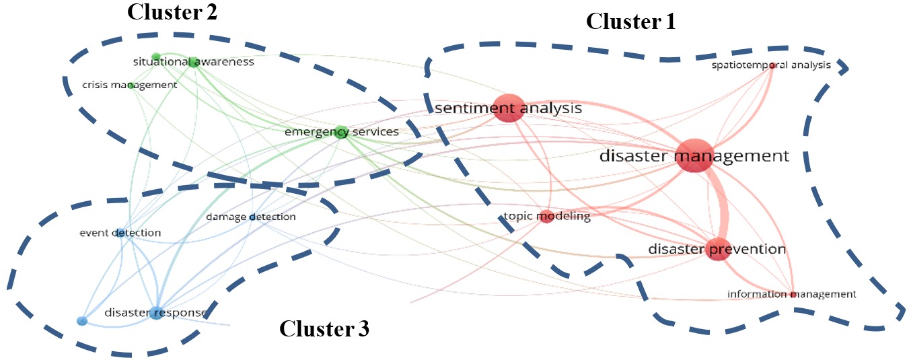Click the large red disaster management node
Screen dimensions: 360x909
click(694, 156)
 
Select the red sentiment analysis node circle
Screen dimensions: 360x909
click(508, 108)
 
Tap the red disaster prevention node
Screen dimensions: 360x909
click(718, 249)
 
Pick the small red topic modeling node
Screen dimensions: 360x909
click(547, 217)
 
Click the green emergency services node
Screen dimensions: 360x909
click(341, 131)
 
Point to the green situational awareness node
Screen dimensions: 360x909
click(193, 62)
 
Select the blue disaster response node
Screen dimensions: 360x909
click(156, 313)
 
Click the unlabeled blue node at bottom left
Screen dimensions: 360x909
click(82, 321)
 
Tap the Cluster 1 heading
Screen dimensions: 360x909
click(630, 22)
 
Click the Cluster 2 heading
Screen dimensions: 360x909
click(173, 13)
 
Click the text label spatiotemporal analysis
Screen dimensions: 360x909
click(771, 65)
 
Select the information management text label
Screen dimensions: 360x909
click(791, 294)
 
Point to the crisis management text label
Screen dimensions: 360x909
click(129, 85)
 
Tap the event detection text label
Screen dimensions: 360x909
click(120, 233)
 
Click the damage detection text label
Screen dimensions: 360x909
click(250, 217)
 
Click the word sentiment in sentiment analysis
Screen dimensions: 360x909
click(465, 108)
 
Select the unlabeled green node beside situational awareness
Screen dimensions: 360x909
click(156, 57)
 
